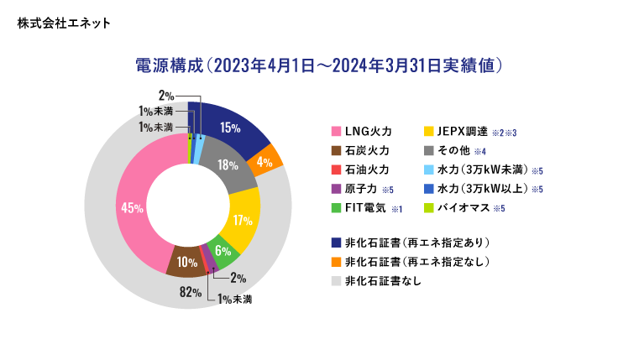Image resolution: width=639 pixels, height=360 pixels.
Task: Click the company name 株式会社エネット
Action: [x=62, y=22]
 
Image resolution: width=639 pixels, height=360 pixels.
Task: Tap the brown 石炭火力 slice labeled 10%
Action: [x=183, y=262]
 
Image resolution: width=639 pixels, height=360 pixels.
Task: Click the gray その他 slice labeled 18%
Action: [x=228, y=165]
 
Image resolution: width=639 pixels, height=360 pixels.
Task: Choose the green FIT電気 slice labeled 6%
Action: [x=222, y=250]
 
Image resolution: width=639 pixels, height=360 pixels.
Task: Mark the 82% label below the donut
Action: [x=190, y=293]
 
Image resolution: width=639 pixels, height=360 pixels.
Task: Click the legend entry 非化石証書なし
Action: [x=382, y=281]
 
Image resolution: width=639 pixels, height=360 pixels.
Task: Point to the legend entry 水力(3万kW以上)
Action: [x=479, y=189]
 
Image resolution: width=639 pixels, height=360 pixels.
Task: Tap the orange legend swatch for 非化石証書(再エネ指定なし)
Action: [x=337, y=262]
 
